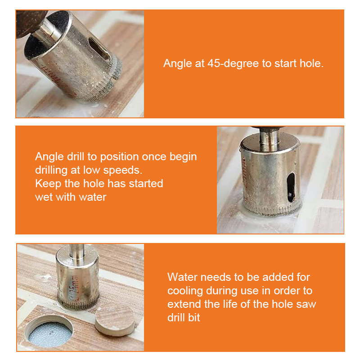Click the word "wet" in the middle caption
point(44,197)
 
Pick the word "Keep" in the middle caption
point(46,183)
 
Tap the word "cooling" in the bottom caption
point(185,290)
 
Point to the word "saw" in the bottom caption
point(306,304)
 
